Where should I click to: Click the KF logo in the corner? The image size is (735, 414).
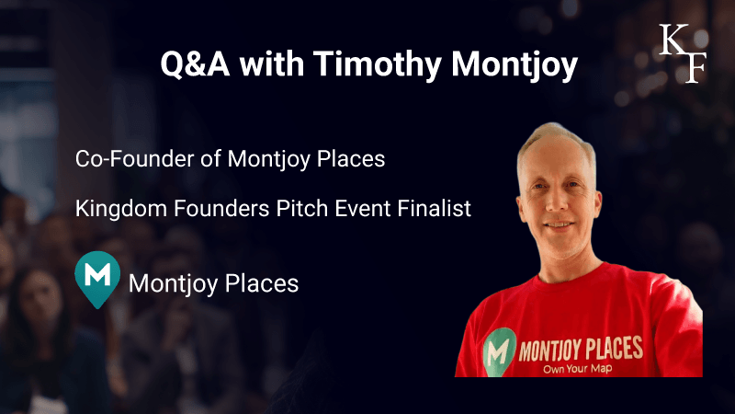pos(683,53)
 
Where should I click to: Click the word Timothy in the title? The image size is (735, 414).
pos(378,63)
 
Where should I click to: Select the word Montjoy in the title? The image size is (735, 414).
pos(514,63)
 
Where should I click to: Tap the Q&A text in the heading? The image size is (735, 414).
pos(195,63)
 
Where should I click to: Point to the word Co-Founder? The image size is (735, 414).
pos(134,158)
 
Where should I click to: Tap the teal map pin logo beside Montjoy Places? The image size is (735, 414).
pos(97,280)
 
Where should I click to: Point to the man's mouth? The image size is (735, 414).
pos(559,225)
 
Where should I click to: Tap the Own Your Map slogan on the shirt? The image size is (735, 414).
pos(578,369)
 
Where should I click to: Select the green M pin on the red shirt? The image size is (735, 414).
pos(499,352)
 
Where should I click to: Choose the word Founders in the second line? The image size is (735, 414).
pos(221,209)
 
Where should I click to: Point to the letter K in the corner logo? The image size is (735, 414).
pos(673,40)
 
